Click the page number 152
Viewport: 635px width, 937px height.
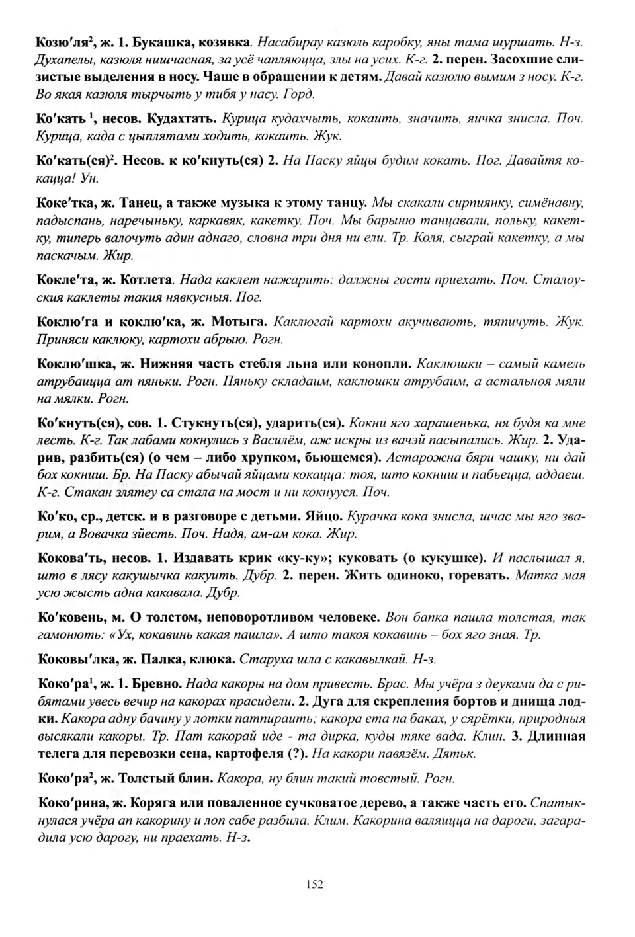pos(315,884)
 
